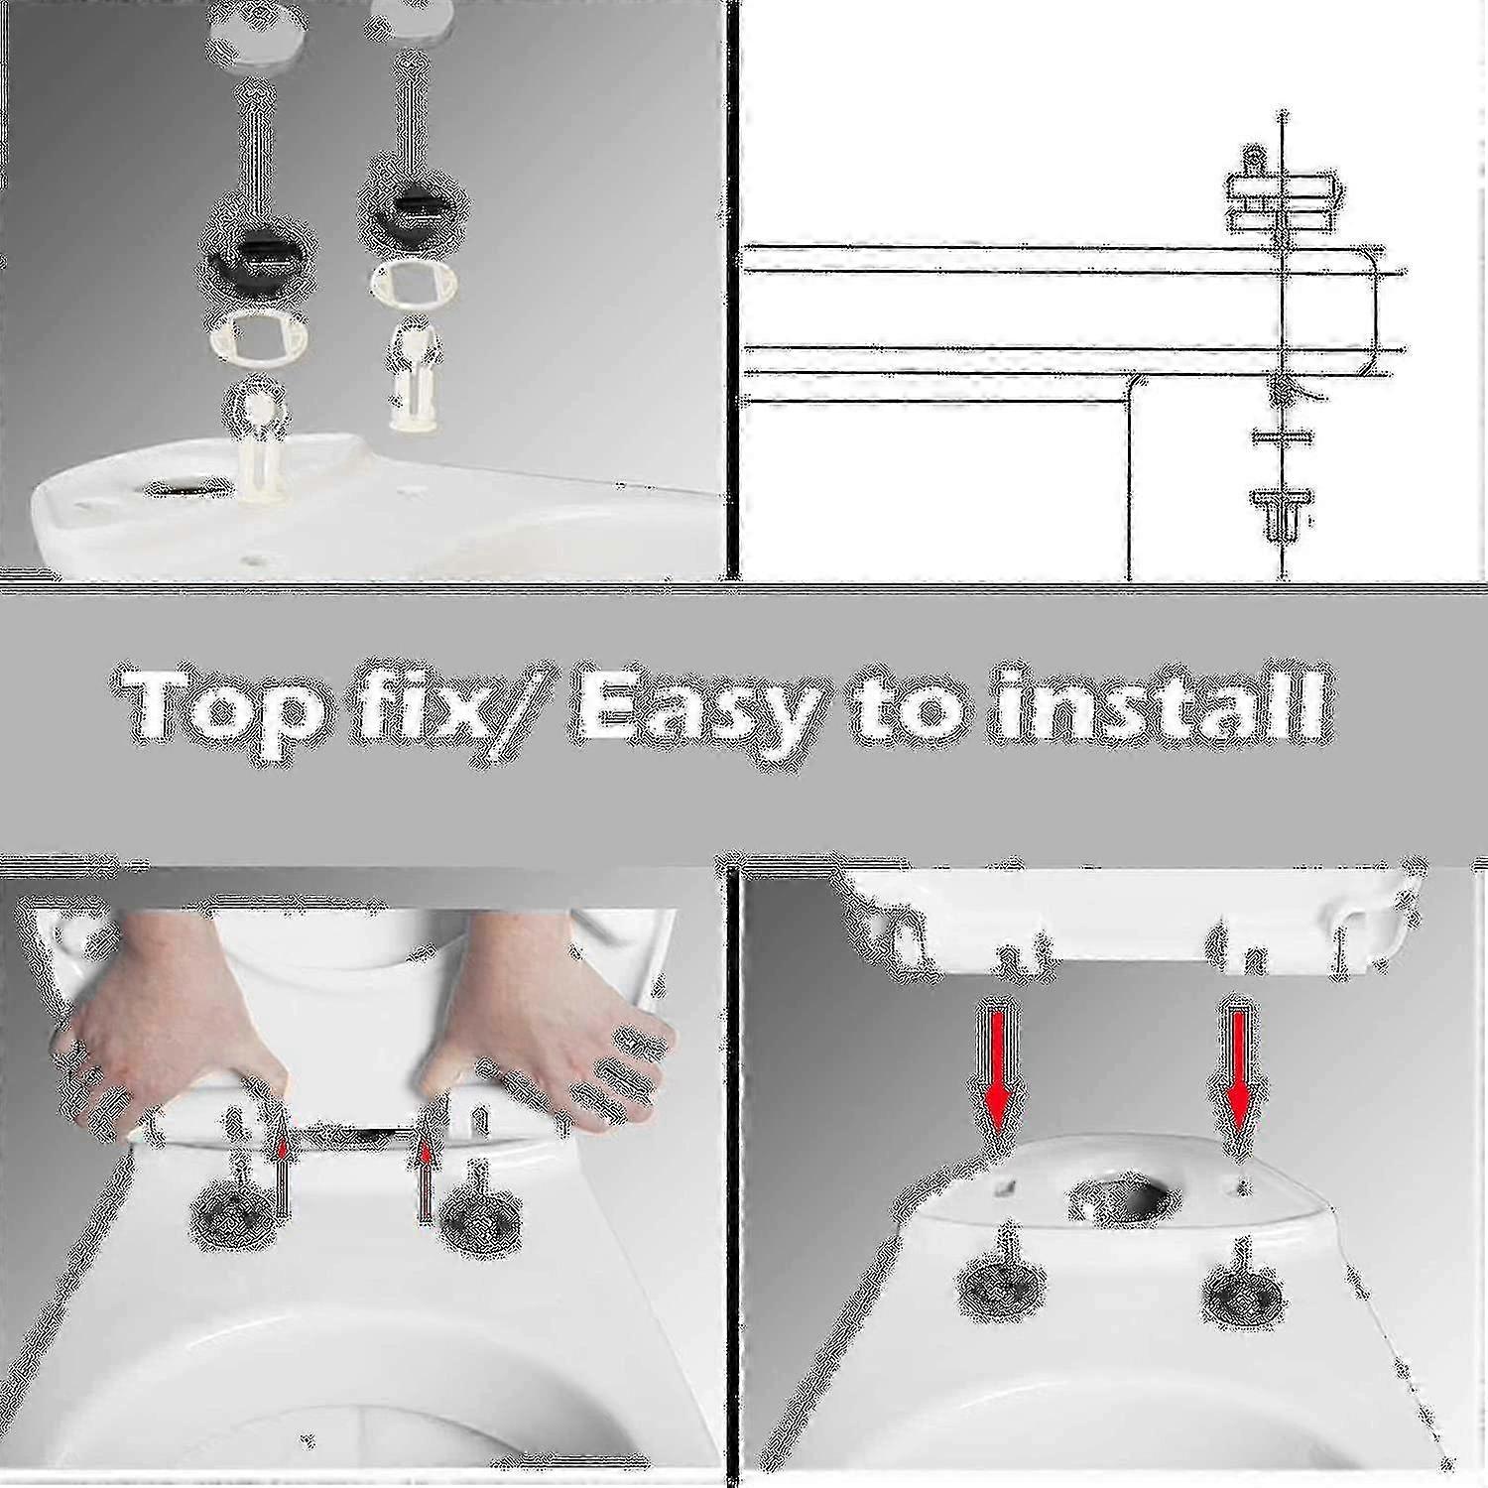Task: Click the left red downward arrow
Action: click(999, 1072)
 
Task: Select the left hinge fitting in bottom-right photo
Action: click(1002, 1280)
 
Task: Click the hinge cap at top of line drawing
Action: click(1280, 188)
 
